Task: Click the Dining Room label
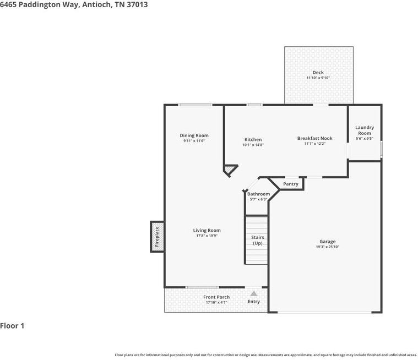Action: [194, 135]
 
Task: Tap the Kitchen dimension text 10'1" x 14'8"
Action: [253, 145]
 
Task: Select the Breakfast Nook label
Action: [314, 138]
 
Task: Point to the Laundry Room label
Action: [364, 130]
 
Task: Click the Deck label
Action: [318, 73]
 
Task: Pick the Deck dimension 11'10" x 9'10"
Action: [318, 78]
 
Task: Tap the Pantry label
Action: [291, 184]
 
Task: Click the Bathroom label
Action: [258, 194]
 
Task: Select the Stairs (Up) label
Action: [258, 240]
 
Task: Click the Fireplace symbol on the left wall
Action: [157, 237]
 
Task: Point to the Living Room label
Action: [207, 231]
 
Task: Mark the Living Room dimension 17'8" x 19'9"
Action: [207, 236]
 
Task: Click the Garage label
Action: [327, 242]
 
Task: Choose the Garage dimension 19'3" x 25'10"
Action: [327, 247]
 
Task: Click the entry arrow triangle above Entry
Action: [253, 294]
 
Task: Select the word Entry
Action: [253, 302]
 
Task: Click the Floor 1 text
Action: [12, 326]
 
